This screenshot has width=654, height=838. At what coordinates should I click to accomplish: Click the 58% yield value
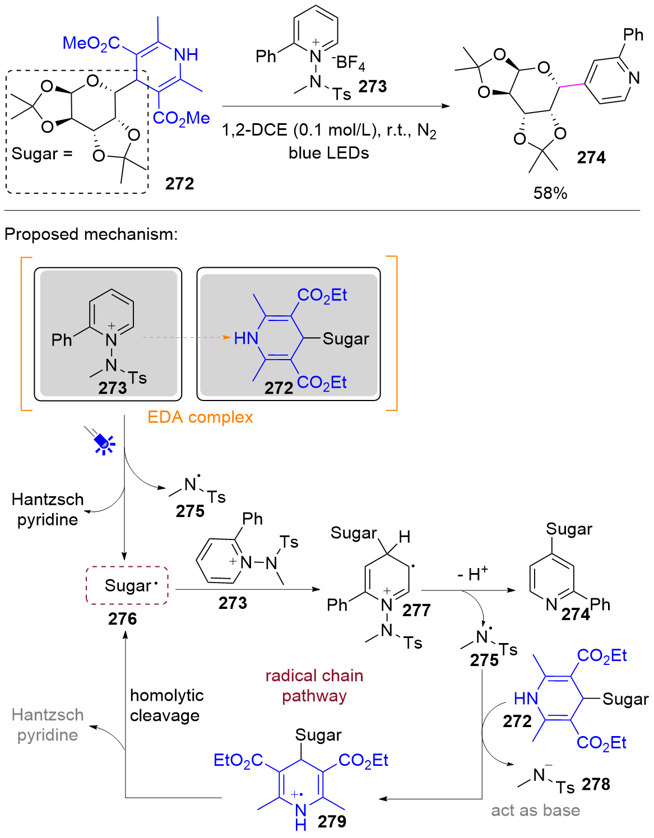(550, 193)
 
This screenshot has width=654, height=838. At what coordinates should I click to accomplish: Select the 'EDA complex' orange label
(200, 417)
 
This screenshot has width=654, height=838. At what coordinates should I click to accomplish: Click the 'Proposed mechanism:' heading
(91, 234)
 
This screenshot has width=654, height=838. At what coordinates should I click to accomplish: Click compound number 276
(122, 619)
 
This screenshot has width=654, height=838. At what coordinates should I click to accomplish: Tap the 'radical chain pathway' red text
(314, 686)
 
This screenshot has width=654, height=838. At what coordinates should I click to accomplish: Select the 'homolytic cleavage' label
(166, 706)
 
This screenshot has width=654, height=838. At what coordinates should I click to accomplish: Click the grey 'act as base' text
(536, 811)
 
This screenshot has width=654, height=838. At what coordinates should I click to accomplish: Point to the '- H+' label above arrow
(472, 574)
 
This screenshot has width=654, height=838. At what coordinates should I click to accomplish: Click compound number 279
(332, 822)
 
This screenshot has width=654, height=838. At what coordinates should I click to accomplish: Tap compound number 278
(596, 785)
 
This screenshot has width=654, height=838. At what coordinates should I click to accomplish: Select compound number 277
(416, 611)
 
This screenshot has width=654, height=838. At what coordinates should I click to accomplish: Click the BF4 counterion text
(350, 63)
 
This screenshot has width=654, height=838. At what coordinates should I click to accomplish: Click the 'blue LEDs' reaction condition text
(329, 153)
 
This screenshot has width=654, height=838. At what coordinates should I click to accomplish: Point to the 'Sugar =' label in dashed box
(42, 153)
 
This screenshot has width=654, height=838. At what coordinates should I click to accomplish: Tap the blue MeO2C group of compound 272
(91, 43)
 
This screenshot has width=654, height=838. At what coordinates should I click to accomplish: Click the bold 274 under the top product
(591, 158)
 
